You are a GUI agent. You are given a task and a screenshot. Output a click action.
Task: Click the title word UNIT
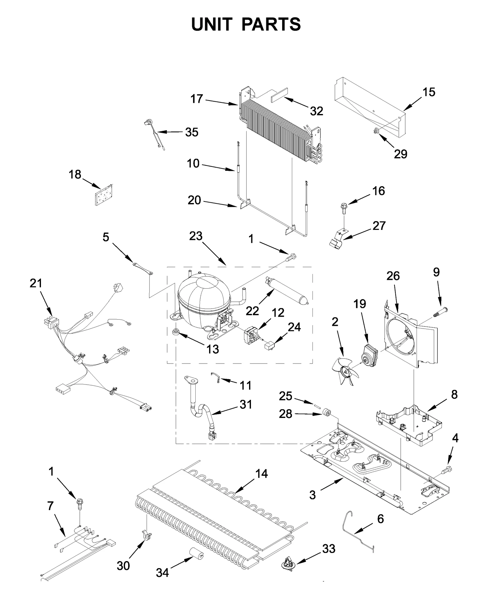[212, 24]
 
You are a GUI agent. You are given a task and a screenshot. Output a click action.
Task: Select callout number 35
[192, 132]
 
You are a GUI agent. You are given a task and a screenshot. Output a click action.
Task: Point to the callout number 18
[75, 174]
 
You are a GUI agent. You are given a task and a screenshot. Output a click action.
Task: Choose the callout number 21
[36, 283]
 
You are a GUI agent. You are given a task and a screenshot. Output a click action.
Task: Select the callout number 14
[261, 474]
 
